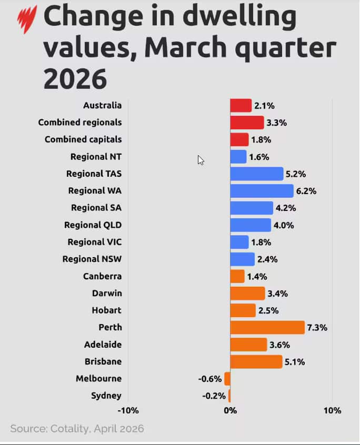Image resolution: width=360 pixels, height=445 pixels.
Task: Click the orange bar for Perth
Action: [267, 327]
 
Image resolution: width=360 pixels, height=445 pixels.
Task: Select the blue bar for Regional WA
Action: [262, 190]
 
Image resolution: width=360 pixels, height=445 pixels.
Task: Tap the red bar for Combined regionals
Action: [247, 123]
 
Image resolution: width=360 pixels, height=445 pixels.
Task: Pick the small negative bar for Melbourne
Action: [227, 379]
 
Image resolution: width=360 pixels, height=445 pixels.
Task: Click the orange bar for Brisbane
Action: [256, 362]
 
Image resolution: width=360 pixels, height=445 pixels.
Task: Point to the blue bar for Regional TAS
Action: [257, 174]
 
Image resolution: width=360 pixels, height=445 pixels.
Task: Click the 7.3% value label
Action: [317, 328]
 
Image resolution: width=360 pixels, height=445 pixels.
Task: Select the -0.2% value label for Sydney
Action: [215, 396]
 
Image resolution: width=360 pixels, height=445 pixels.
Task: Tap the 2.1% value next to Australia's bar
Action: [264, 106]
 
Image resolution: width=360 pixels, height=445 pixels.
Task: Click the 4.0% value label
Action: [284, 225]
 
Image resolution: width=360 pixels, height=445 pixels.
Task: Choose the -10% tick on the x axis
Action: [128, 410]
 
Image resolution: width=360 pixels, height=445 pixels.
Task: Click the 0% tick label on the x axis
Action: [230, 410]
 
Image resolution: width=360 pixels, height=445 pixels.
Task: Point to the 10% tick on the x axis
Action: [332, 410]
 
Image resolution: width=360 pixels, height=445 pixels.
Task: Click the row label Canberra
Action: [102, 276]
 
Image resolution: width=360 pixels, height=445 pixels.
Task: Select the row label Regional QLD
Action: [93, 225]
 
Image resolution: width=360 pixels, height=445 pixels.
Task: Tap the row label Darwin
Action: [106, 293]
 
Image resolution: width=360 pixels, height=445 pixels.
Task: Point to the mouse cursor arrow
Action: [201, 160]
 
